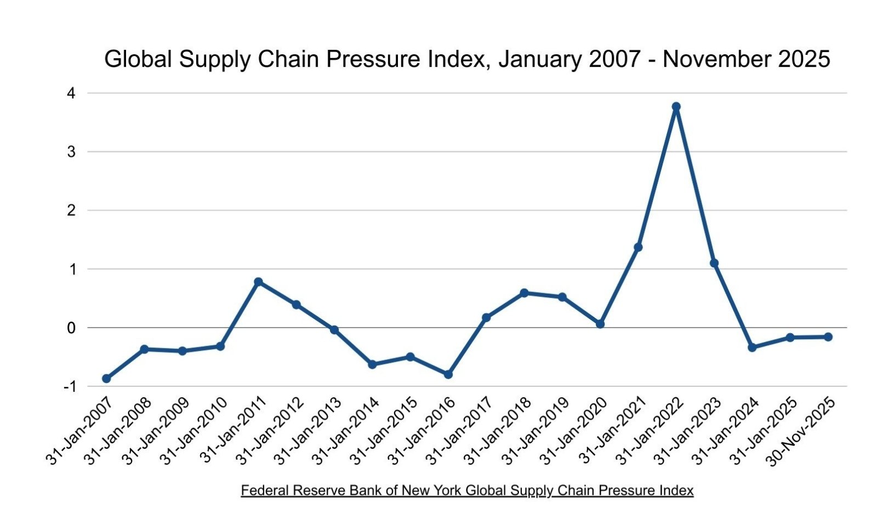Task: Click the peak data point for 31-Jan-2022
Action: point(676,106)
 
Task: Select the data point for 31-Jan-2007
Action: point(106,379)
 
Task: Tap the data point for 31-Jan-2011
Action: point(258,282)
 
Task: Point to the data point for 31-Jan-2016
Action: point(448,374)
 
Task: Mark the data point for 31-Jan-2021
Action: point(638,247)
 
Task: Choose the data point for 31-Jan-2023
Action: point(714,263)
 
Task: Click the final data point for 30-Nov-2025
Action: point(828,337)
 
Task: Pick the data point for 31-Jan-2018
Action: point(524,293)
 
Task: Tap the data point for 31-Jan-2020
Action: point(600,324)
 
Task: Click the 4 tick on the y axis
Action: point(71,93)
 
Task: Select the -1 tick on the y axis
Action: point(69,387)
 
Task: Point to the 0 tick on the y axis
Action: point(71,328)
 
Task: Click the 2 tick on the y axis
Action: point(71,210)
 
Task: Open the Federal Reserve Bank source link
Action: point(467,490)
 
